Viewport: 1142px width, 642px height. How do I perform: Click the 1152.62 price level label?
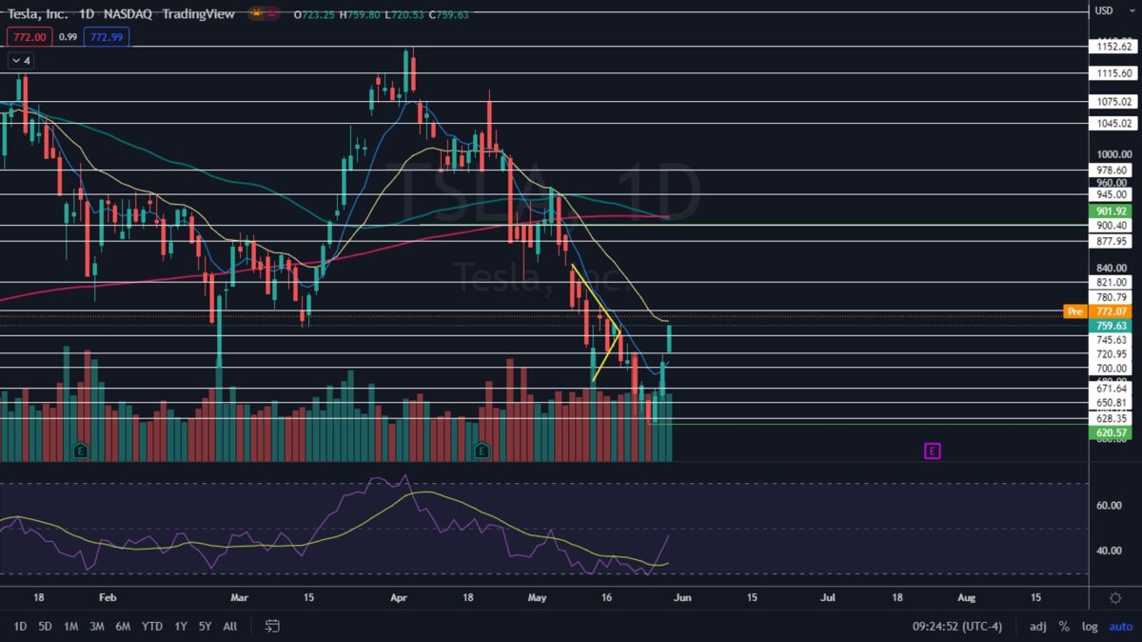coord(1112,47)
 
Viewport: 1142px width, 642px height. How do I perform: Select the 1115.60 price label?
coord(1112,73)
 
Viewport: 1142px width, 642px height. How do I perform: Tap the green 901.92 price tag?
coord(1112,211)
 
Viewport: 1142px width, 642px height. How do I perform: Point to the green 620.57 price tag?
coord(1112,432)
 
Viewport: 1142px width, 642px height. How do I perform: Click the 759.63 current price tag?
coord(1112,326)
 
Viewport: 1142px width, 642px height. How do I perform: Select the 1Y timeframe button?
coord(181,626)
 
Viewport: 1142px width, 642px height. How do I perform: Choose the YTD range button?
coord(152,626)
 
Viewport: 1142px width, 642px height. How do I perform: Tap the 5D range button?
coord(46,626)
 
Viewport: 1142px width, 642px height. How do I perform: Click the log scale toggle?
coord(1090,626)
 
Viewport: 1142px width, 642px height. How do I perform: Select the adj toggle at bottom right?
coord(1037,626)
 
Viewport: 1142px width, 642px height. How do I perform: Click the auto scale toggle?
coord(1120,626)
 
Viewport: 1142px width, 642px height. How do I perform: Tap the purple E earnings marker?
coord(932,451)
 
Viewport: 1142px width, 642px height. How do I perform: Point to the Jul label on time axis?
coord(828,597)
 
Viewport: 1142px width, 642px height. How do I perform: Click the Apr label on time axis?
coord(399,597)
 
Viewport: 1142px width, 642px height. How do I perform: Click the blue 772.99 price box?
coord(106,37)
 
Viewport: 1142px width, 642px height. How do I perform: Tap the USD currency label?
coord(1104,11)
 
